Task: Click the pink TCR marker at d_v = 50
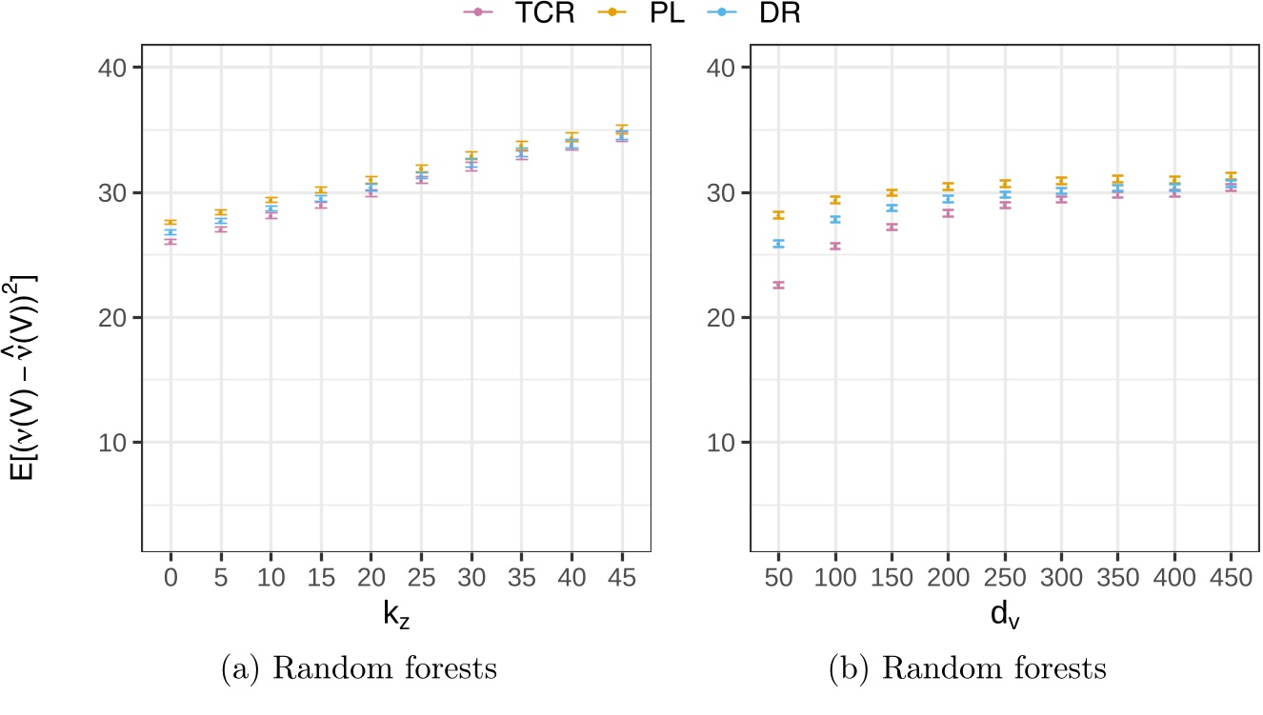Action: click(778, 285)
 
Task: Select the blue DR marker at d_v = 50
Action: click(778, 244)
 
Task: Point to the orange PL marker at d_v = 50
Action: click(778, 215)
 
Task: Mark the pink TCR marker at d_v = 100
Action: click(835, 246)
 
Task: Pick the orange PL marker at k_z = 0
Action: click(170, 223)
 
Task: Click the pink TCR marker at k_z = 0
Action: click(170, 242)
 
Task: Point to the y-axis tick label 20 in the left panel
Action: click(114, 317)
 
